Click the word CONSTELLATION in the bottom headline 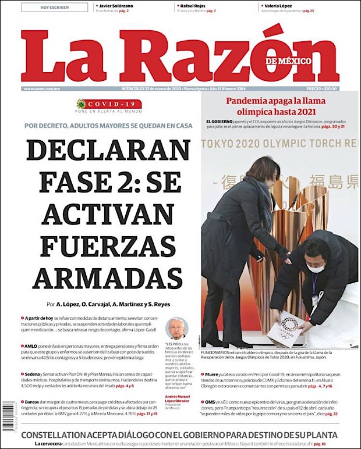pos(65,435)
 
